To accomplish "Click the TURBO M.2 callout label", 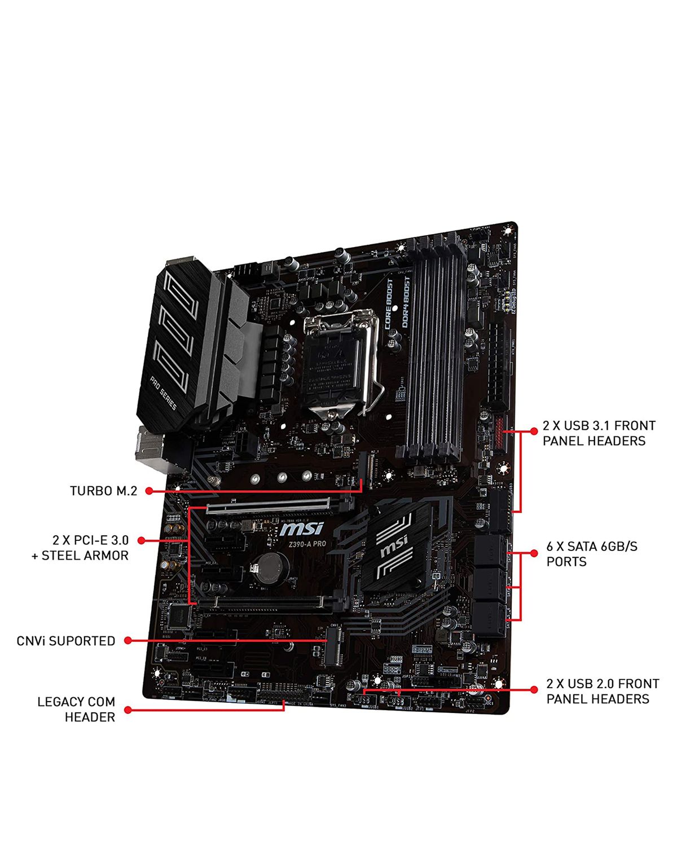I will pyautogui.click(x=103, y=491).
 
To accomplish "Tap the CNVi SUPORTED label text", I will pyautogui.click(x=65, y=641).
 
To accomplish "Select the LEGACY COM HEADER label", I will pyautogui.click(x=76, y=709).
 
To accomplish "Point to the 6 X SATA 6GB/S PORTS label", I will pyautogui.click(x=592, y=554).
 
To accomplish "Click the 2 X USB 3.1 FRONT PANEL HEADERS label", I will pyautogui.click(x=599, y=433).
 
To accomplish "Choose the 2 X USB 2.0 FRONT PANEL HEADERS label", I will pyautogui.click(x=602, y=691).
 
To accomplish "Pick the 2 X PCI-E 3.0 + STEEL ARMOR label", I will pyautogui.click(x=80, y=548).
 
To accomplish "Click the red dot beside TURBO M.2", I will pyautogui.click(x=149, y=491).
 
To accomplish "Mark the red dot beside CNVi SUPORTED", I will pyautogui.click(x=128, y=641).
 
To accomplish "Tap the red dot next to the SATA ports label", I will pyautogui.click(x=534, y=554).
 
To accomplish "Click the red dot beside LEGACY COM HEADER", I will pyautogui.click(x=128, y=710).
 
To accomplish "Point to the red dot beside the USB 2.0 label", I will pyautogui.click(x=534, y=689).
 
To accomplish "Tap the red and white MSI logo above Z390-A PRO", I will pyautogui.click(x=302, y=529).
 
